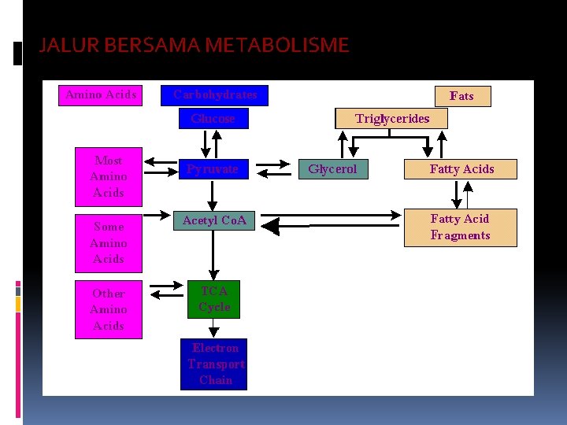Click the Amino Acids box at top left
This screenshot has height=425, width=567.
pyautogui.click(x=101, y=95)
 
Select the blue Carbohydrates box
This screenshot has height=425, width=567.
pyautogui.click(x=215, y=95)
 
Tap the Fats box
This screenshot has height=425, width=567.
pyautogui.click(x=461, y=96)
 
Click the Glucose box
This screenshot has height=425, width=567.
pyautogui.click(x=213, y=119)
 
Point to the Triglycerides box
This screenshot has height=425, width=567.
pyautogui.click(x=391, y=119)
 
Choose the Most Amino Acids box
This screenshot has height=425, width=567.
pyautogui.click(x=108, y=176)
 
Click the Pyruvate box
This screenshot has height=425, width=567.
pyautogui.click(x=212, y=168)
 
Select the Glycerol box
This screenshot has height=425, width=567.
pyautogui.click(x=332, y=169)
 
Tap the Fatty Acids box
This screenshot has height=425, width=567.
pyautogui.click(x=461, y=169)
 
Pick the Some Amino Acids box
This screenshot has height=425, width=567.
pyautogui.click(x=108, y=242)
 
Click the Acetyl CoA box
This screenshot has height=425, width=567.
pyautogui.click(x=214, y=221)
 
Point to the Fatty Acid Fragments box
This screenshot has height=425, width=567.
pyautogui.click(x=460, y=227)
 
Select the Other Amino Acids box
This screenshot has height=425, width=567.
pyautogui.click(x=108, y=309)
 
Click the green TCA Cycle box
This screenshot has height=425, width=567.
pyautogui.click(x=214, y=299)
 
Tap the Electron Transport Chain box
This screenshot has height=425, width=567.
pyautogui.click(x=214, y=364)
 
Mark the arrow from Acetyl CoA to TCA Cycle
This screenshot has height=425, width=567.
pyautogui.click(x=213, y=256)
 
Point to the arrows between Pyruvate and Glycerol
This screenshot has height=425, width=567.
pyautogui.click(x=273, y=169)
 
